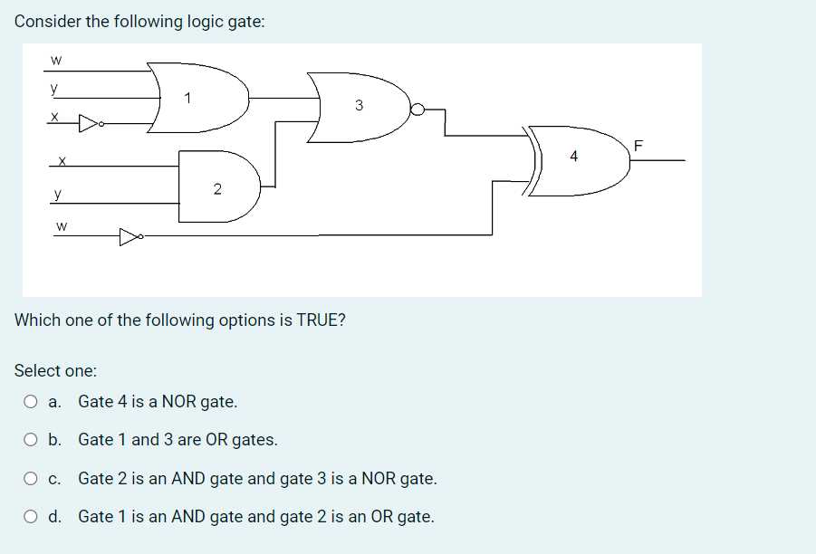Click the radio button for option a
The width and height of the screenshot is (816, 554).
pos(31,401)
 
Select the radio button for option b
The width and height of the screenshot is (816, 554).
pos(31,440)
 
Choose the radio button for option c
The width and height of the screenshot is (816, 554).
pos(31,478)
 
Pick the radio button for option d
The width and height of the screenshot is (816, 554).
pos(31,517)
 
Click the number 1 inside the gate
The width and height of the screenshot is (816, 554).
pos(187,97)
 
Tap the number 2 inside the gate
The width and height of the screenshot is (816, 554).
pos(216,189)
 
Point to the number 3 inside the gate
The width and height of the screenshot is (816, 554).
pos(359,106)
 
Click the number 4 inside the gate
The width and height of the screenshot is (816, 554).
pos(573,156)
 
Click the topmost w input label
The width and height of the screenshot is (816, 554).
pos(56,61)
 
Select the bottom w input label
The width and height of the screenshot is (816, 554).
pos(61,224)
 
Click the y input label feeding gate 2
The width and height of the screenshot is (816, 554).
pos(58,193)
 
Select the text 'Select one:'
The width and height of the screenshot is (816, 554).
pos(56,370)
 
